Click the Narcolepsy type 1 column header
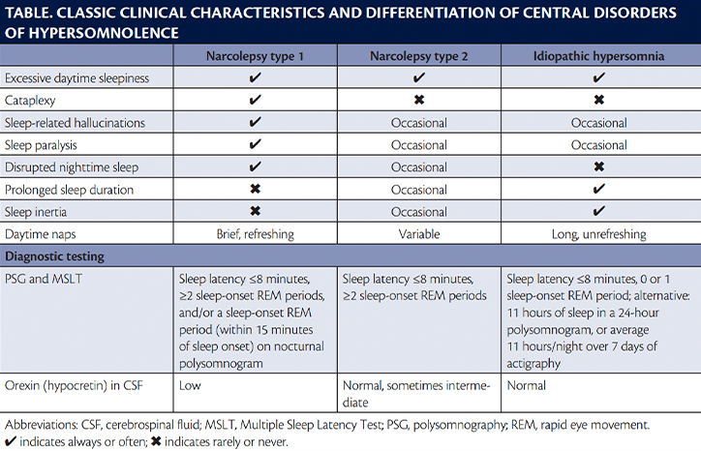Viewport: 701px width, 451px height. [255, 56]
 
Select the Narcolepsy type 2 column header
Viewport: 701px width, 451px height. [419, 56]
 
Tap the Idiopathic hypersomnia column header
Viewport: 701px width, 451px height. [598, 56]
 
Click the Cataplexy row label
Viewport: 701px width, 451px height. [30, 100]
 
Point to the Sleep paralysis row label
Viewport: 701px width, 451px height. [41, 145]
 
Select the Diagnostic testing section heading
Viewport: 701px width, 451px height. [54, 256]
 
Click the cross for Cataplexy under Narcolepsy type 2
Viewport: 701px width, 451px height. [419, 100]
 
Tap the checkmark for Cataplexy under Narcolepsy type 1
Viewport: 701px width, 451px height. [255, 100]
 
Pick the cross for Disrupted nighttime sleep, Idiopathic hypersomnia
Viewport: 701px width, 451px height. [598, 166]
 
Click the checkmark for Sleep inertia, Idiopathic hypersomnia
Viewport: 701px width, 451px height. [598, 211]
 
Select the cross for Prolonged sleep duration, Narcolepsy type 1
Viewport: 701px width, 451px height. [255, 189]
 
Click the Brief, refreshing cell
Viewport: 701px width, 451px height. [255, 234]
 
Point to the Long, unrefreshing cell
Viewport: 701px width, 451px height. [598, 234]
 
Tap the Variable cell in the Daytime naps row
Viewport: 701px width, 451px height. [419, 234]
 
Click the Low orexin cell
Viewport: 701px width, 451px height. [190, 385]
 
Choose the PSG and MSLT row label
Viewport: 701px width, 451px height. [44, 279]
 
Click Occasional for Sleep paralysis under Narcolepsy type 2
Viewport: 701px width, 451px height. [419, 145]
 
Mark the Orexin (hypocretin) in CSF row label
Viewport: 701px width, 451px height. [74, 385]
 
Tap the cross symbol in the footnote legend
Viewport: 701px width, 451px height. [156, 441]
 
